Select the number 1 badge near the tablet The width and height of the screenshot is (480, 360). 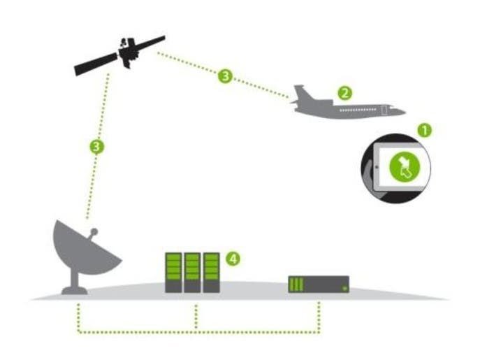424,130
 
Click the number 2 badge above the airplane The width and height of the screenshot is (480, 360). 343,92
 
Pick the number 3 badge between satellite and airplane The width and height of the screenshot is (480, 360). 224,76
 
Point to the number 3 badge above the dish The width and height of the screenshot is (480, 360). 98,147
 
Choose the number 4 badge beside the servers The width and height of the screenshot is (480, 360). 233,259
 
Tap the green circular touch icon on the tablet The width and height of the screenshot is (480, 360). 404,168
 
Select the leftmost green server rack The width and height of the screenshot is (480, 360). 173,272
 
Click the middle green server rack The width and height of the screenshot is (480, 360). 191,272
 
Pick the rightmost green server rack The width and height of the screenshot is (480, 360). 210,272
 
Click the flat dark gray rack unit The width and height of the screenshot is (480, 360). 319,285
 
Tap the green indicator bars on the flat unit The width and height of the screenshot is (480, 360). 297,285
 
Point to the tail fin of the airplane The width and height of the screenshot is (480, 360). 302,94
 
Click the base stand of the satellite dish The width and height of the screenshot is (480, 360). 74,287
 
